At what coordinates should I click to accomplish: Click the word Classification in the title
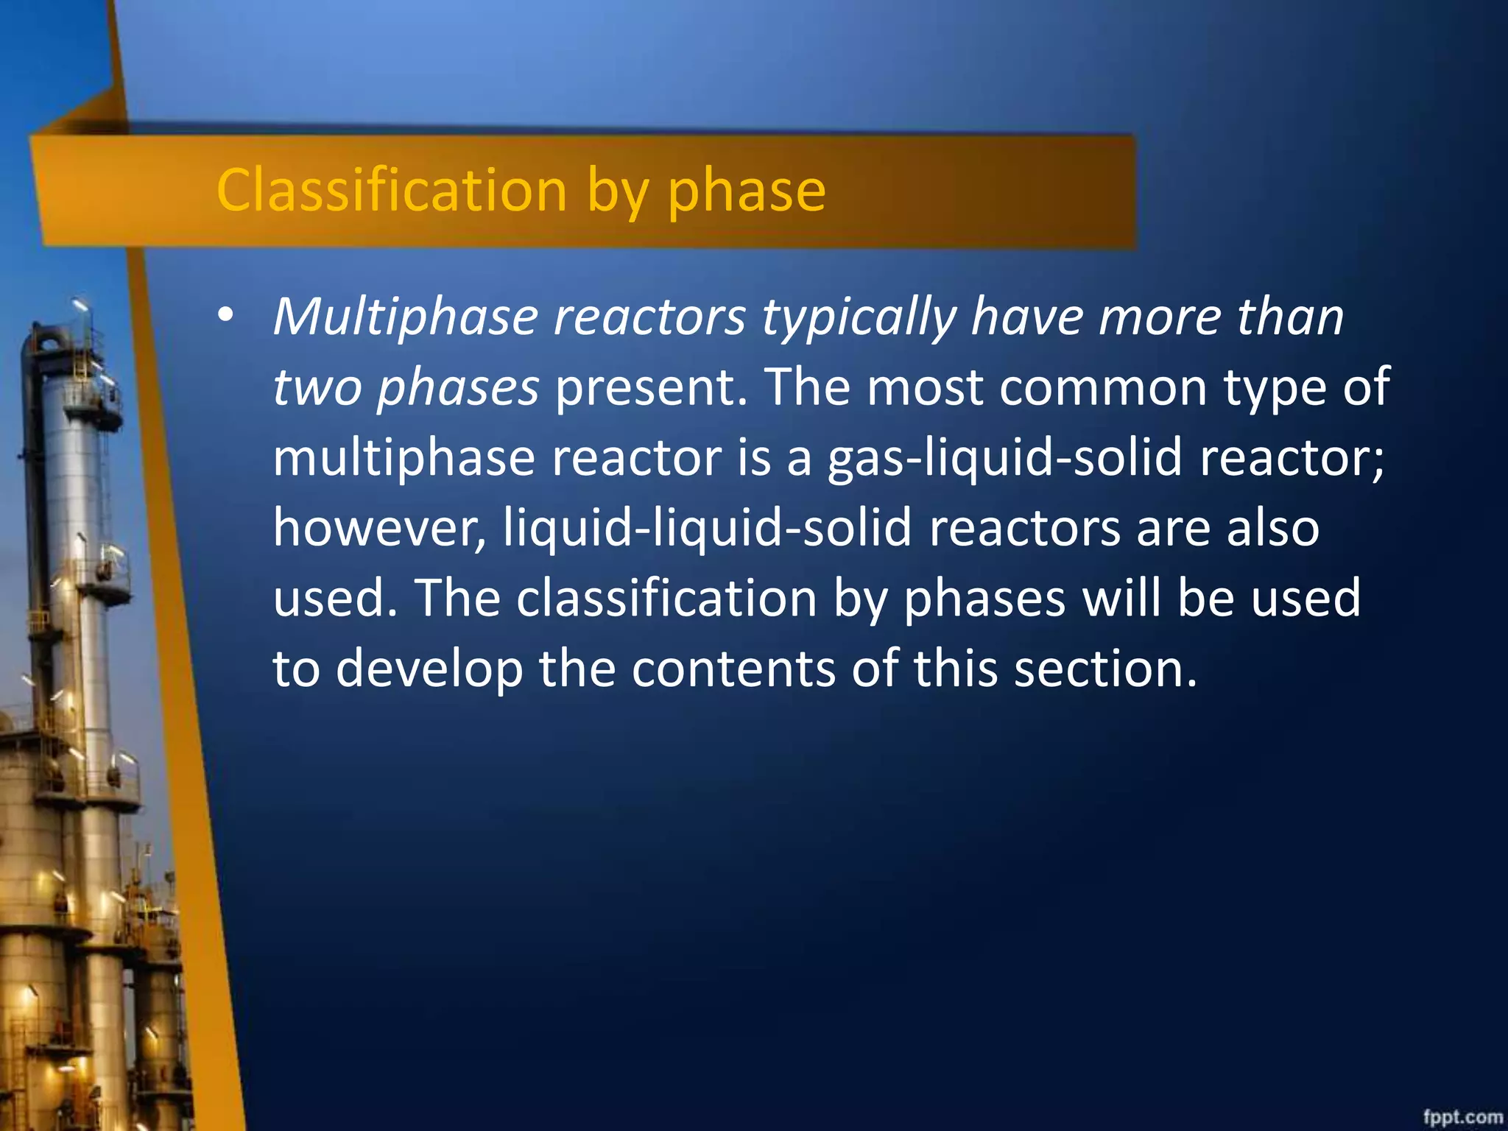[391, 190]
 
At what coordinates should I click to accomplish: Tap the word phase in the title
[746, 191]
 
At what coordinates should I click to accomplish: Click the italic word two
[317, 388]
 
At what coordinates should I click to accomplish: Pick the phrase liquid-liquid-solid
[708, 529]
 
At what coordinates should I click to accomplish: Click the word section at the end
[1104, 669]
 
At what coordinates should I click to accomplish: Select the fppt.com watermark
[1462, 1116]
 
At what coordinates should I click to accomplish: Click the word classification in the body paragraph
[666, 598]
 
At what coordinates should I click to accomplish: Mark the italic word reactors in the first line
[649, 318]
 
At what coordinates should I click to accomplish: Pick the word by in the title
[618, 191]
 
